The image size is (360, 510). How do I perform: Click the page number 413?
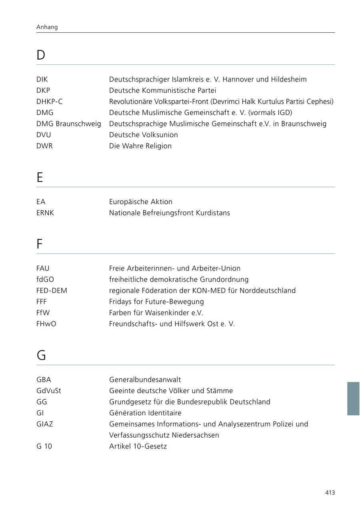click(330, 493)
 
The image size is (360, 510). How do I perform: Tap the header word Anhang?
click(47, 27)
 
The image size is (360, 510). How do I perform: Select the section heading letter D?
click(41, 55)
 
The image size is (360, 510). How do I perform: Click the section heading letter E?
click(40, 177)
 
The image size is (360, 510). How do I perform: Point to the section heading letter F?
click(39, 244)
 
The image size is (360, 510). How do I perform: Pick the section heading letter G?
click(41, 355)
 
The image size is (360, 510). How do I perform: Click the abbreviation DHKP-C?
click(49, 102)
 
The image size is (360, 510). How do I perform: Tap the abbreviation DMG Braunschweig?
click(68, 124)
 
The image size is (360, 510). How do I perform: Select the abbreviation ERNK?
click(45, 213)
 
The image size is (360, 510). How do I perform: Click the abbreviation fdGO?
click(45, 279)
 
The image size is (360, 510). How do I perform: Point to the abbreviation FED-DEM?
click(52, 291)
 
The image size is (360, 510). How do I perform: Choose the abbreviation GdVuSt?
click(48, 391)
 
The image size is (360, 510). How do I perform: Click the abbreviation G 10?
click(44, 446)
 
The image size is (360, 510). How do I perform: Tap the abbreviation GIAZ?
click(44, 424)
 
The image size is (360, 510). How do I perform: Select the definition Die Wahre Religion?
click(140, 146)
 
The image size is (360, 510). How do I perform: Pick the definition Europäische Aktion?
click(140, 202)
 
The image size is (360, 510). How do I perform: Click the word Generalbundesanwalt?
click(145, 380)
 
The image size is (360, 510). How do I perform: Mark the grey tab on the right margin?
click(353, 398)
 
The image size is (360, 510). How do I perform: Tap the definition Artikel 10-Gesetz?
click(138, 446)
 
